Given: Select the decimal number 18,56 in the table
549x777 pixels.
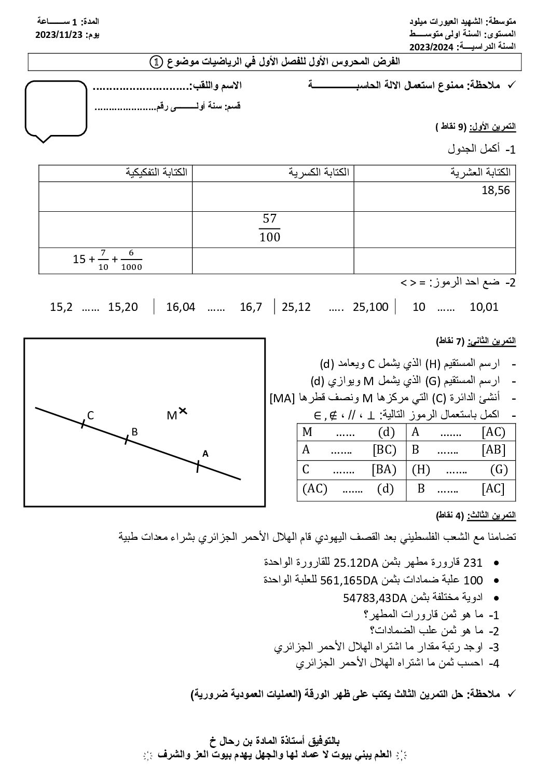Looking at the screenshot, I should (x=496, y=190).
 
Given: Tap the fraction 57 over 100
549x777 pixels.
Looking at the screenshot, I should (x=269, y=228).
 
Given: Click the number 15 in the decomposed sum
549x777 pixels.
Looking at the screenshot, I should (x=79, y=258).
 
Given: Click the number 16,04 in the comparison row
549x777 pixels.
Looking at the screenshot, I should (x=181, y=307).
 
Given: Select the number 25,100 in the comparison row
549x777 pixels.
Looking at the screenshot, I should (x=370, y=307).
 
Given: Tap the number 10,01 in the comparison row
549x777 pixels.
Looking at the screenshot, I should (x=484, y=307).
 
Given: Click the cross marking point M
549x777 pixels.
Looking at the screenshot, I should (x=183, y=411).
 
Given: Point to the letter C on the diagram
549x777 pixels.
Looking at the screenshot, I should (x=90, y=415).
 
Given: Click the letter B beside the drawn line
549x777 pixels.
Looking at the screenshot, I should (x=134, y=431).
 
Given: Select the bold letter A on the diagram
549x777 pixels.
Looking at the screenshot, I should (x=205, y=453).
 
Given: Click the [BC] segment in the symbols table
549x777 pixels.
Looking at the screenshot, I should (x=385, y=449).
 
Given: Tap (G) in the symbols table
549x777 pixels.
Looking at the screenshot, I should (x=499, y=470).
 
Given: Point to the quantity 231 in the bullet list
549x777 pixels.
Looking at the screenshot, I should (x=473, y=563).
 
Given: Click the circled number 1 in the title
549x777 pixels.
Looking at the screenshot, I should (x=156, y=62).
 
